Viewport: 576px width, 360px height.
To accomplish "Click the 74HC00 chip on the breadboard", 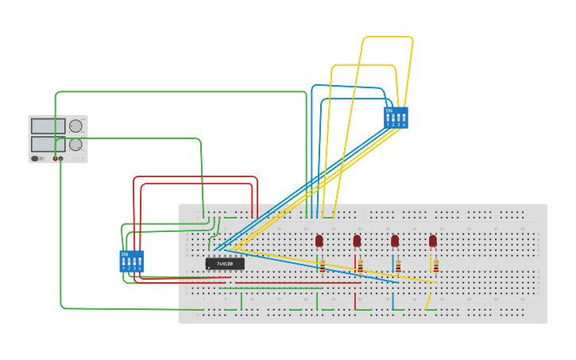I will (225, 263).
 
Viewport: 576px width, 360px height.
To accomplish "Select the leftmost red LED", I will (319, 240).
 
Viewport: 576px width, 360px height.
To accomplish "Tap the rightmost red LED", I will (433, 240).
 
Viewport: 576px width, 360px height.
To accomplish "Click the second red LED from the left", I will (358, 240).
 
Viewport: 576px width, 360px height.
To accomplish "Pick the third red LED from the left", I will (395, 240).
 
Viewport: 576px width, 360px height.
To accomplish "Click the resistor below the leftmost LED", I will (323, 265).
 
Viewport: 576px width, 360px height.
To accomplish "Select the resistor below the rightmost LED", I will (435, 265).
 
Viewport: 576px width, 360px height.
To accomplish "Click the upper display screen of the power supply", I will (48, 126).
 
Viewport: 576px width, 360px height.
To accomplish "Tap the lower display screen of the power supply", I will (48, 144).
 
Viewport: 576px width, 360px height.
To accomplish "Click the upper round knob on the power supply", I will (75, 126).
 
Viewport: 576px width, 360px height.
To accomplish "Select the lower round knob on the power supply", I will (75, 145).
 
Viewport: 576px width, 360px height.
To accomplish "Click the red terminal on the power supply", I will (56, 158).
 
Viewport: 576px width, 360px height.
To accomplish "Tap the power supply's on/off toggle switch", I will (35, 158).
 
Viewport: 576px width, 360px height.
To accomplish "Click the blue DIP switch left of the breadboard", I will (131, 261).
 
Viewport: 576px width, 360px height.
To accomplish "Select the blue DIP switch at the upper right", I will (396, 118).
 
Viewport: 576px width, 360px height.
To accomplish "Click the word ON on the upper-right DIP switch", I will (389, 110).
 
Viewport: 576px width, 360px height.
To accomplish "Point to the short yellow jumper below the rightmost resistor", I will (428, 301).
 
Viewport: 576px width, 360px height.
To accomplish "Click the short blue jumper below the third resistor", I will (392, 301).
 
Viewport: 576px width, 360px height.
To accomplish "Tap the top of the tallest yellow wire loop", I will (388, 37).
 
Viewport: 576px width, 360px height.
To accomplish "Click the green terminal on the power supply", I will (61, 158).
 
